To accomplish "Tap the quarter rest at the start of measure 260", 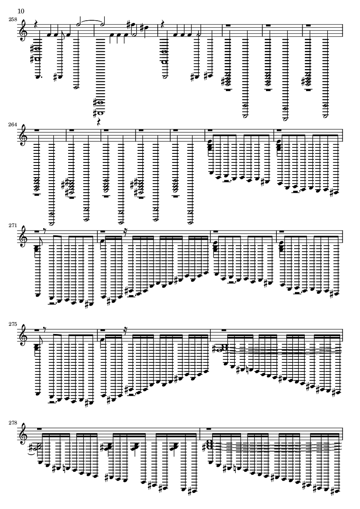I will (x=162, y=25).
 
